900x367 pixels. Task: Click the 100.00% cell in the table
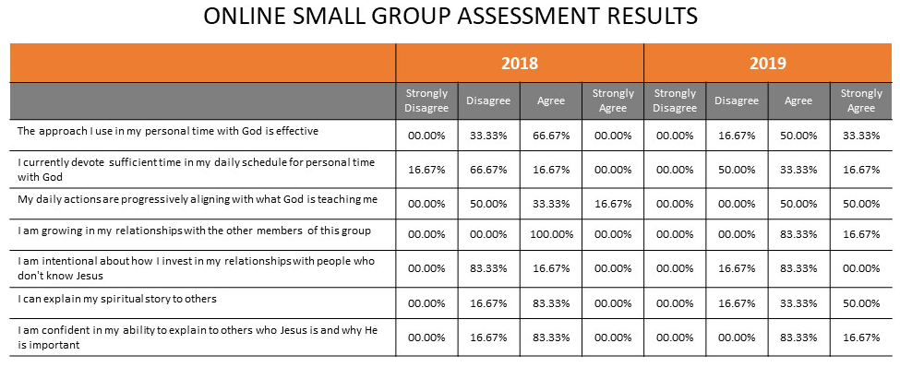(x=551, y=234)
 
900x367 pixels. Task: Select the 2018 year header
(x=520, y=63)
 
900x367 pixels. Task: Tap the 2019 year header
(x=767, y=63)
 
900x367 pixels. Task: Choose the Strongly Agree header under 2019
(x=861, y=101)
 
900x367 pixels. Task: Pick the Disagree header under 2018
(x=488, y=101)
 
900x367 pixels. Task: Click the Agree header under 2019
(x=798, y=101)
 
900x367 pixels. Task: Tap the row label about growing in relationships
(x=194, y=231)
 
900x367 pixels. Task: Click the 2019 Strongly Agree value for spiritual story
(x=861, y=302)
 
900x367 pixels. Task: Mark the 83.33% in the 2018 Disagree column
(x=488, y=268)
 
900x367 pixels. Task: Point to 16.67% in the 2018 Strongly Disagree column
(x=426, y=170)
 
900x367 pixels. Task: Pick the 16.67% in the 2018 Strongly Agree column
(x=613, y=204)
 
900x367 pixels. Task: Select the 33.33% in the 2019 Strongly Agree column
(x=861, y=136)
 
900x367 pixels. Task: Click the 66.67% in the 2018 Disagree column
(x=488, y=170)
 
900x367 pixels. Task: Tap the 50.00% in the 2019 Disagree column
(x=737, y=170)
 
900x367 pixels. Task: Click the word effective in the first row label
(x=298, y=131)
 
